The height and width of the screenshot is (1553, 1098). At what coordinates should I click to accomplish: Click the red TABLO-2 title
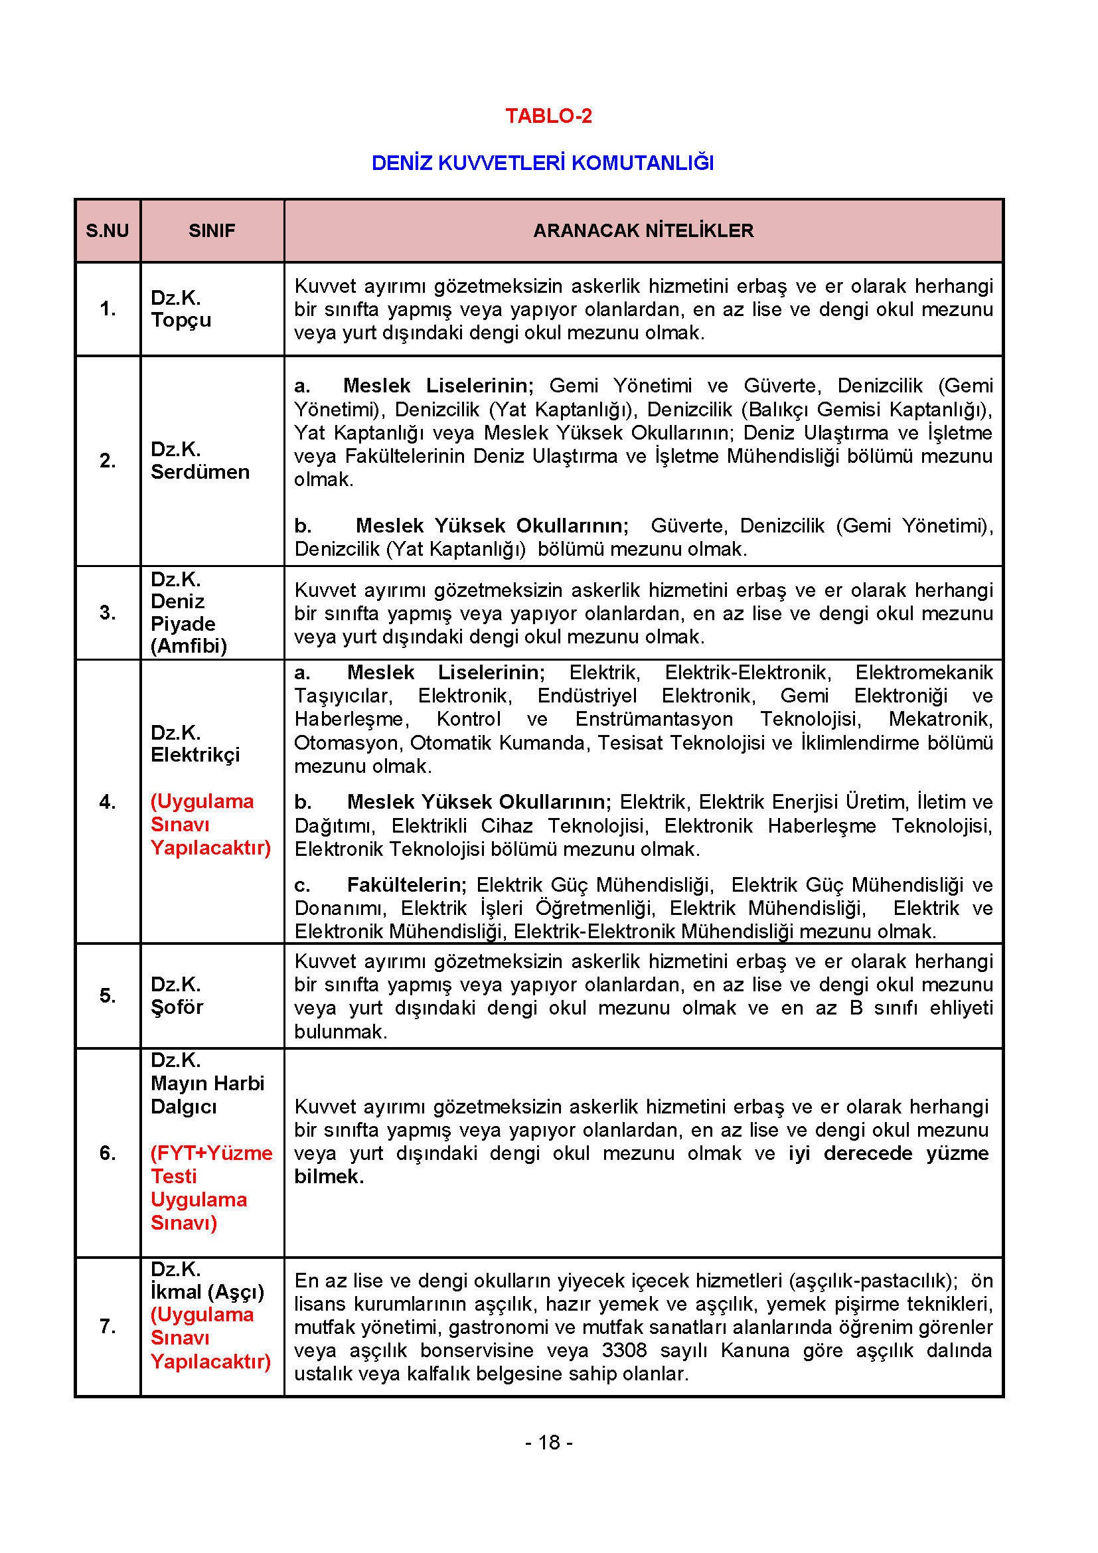548,116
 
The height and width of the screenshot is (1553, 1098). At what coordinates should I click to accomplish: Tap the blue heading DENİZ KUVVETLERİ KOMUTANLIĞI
542,163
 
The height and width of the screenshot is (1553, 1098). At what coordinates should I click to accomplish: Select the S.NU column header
107,230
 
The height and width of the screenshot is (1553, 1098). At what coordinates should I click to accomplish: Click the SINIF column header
212,230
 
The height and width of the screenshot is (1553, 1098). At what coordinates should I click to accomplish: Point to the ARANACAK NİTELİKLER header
643,230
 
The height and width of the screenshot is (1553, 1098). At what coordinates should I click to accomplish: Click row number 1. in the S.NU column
108,309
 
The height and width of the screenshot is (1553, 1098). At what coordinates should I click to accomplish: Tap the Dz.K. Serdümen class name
199,461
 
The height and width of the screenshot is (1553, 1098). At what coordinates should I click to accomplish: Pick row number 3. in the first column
108,612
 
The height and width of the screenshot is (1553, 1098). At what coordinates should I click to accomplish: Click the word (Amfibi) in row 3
189,646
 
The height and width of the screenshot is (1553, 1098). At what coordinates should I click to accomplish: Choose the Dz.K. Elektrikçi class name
195,744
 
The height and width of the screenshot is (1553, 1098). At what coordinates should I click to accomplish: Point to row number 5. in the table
108,995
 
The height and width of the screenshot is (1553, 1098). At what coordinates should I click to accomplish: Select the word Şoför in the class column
177,1007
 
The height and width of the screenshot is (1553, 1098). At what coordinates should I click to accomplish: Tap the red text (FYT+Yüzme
211,1153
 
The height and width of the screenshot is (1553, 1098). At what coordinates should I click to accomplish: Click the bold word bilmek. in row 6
329,1177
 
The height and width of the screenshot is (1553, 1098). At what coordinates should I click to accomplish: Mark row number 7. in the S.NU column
108,1326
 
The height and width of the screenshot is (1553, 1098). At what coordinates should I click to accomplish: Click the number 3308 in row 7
624,1350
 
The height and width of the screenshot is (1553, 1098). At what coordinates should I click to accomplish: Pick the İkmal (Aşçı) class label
207,1291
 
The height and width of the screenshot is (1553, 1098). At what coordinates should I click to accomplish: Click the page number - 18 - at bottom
548,1443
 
